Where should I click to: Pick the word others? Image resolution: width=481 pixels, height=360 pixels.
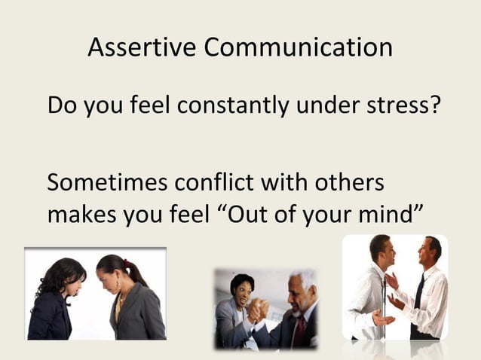point(349,183)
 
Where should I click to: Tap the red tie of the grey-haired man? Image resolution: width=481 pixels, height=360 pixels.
point(300,331)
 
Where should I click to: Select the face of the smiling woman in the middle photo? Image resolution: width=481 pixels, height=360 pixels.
point(243,288)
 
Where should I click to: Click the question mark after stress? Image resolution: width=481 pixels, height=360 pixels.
point(434,106)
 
